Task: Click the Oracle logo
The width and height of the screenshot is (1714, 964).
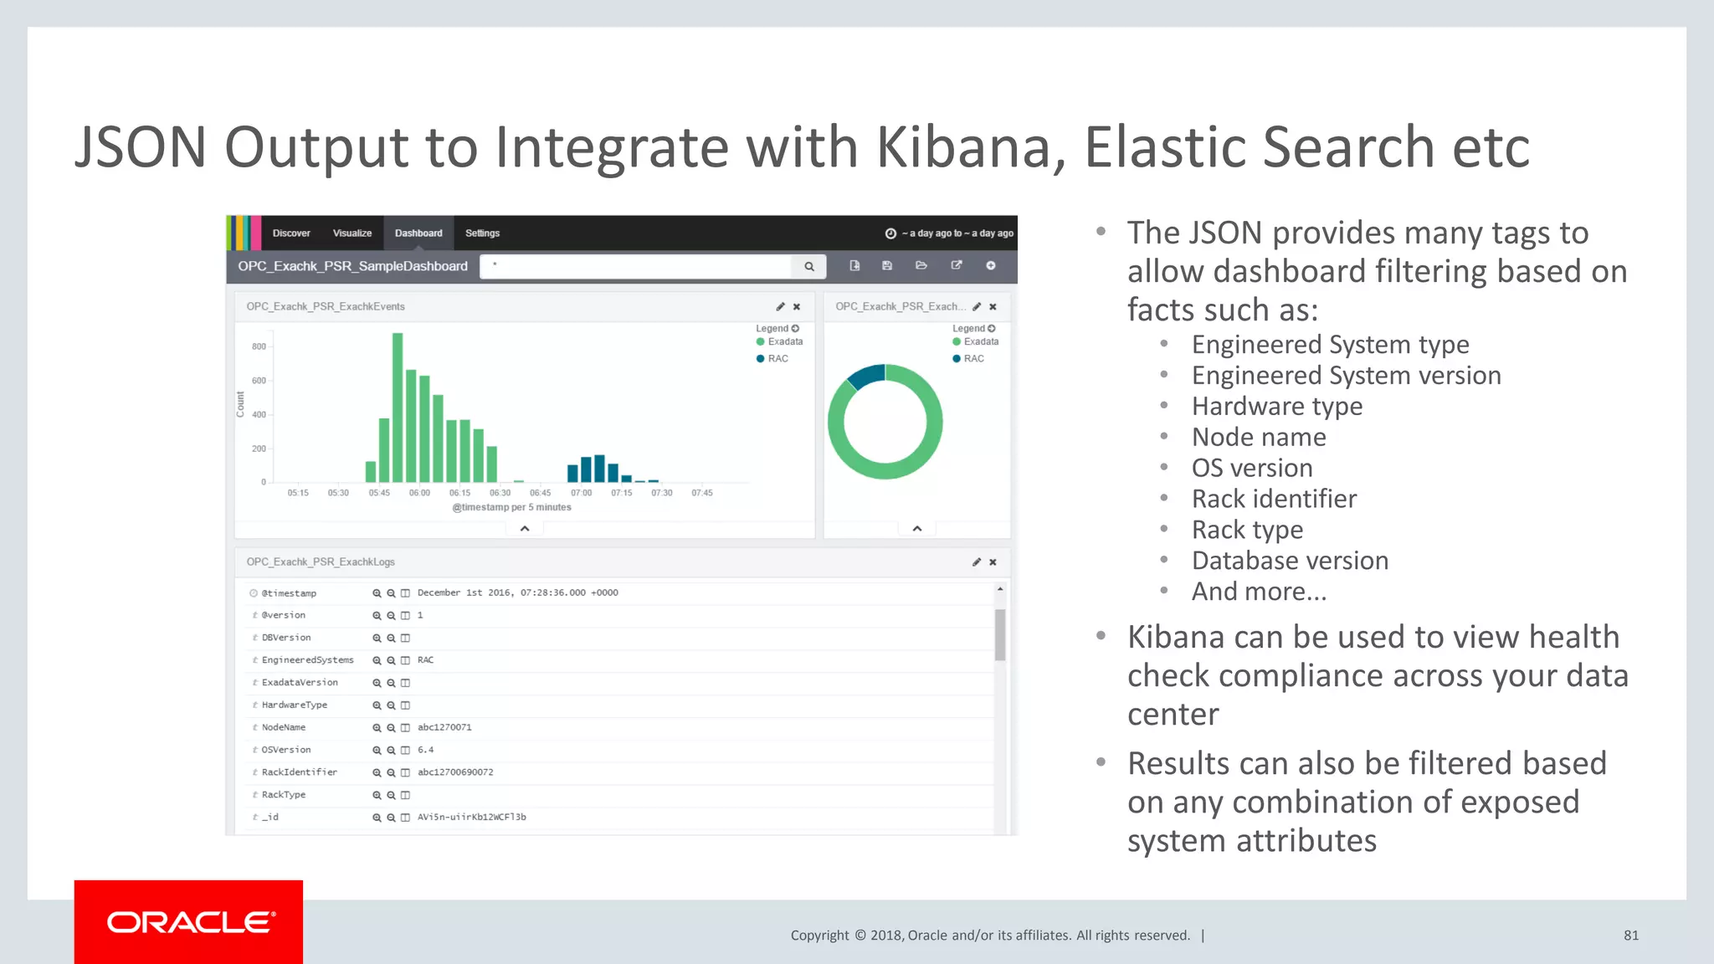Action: pos(188,921)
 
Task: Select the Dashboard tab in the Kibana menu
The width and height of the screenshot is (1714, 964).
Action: pos(418,233)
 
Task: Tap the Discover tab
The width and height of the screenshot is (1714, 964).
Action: pos(291,233)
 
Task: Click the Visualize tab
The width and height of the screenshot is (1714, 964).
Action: pos(352,233)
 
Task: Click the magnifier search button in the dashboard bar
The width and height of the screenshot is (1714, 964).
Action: pos(809,266)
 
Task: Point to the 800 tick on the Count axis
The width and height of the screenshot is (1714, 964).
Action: pos(259,346)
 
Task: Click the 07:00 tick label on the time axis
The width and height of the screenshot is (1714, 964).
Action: pos(581,493)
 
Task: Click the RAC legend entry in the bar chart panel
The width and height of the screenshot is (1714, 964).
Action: pos(777,358)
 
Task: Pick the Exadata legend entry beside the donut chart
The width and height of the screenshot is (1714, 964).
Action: pos(980,341)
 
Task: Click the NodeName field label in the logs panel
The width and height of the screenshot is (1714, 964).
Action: pos(284,727)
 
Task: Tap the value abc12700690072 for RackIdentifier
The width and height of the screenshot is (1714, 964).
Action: pos(455,772)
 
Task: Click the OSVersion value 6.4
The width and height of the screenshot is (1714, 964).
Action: pos(425,750)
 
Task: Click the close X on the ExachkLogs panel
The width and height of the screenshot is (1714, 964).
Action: pos(993,562)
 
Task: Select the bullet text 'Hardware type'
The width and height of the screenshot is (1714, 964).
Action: pos(1276,406)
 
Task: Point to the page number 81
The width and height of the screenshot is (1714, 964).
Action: pos(1630,936)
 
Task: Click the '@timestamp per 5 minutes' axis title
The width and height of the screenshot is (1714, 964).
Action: pos(511,507)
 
